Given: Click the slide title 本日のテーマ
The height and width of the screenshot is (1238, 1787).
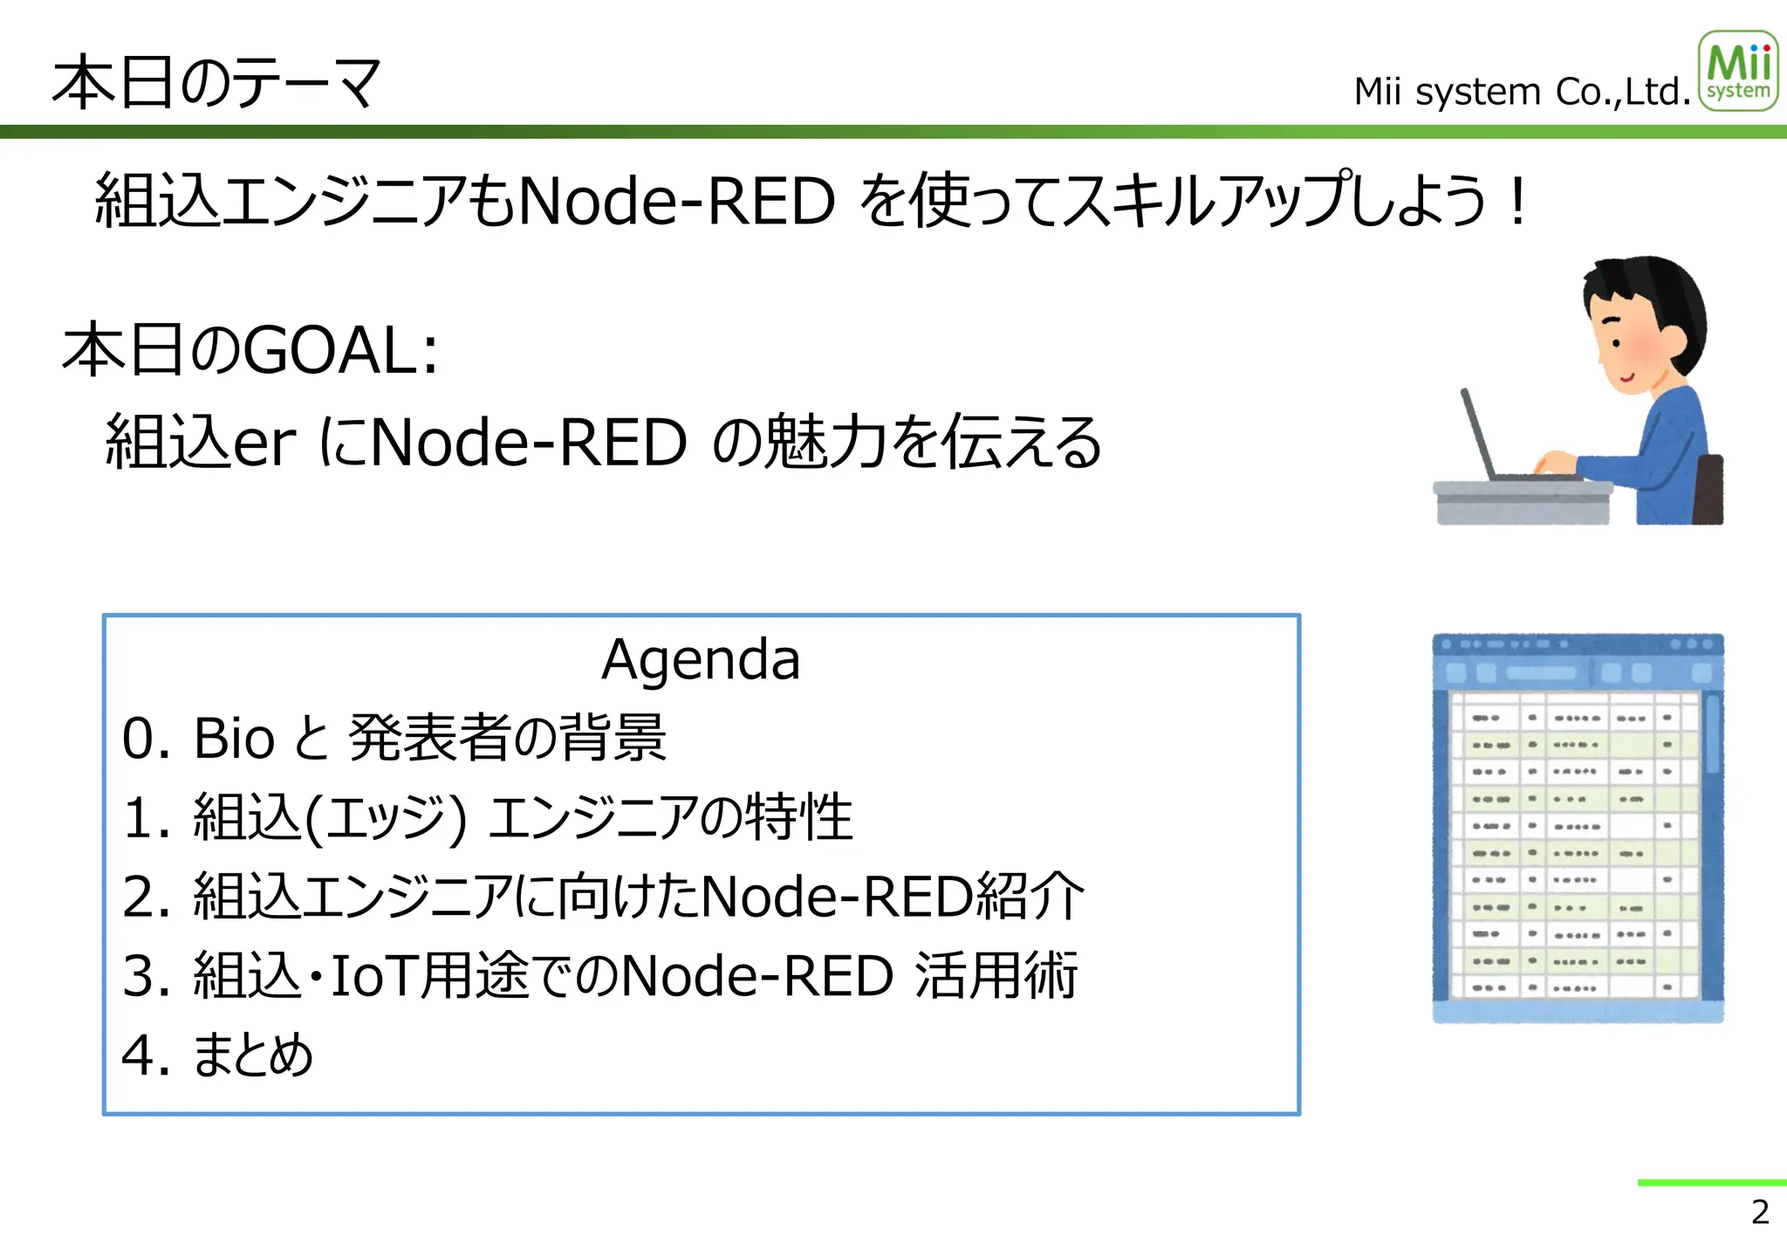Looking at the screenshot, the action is pyautogui.click(x=216, y=83).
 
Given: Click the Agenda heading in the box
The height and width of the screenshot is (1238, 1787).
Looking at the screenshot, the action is pyautogui.click(x=701, y=659).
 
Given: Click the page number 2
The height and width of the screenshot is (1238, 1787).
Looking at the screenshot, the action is pyautogui.click(x=1759, y=1212).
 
